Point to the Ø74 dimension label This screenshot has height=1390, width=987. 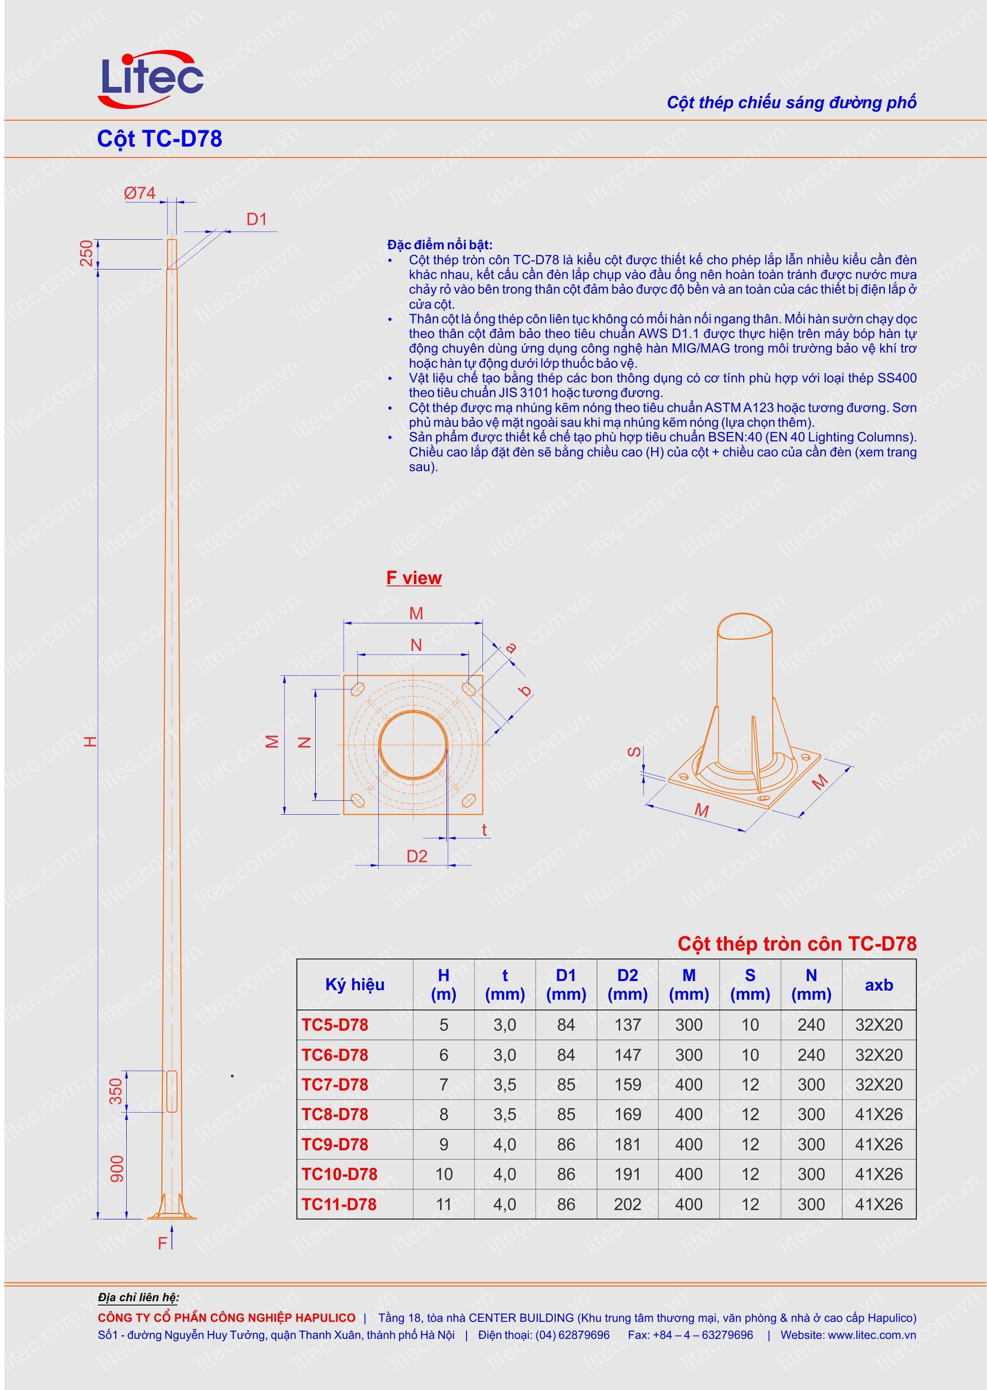pos(139,193)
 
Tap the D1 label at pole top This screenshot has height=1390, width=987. pos(256,219)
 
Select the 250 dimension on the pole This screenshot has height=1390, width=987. pos(87,254)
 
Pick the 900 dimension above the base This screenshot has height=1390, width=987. pos(117,1169)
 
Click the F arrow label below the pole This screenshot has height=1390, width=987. pos(162,1243)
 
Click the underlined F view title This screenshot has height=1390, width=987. pos(413,578)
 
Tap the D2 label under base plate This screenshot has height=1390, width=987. pos(416,856)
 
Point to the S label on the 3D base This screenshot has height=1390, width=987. pos(633,752)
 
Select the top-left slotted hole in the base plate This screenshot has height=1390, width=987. pos(358,689)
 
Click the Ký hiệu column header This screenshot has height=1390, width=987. pos(354,984)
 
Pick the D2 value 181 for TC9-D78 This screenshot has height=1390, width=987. pos(627,1145)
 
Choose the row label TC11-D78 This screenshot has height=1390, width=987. pos(339,1204)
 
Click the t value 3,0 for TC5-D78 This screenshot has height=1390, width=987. pos(505,1025)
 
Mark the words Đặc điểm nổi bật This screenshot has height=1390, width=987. pos(440,245)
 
